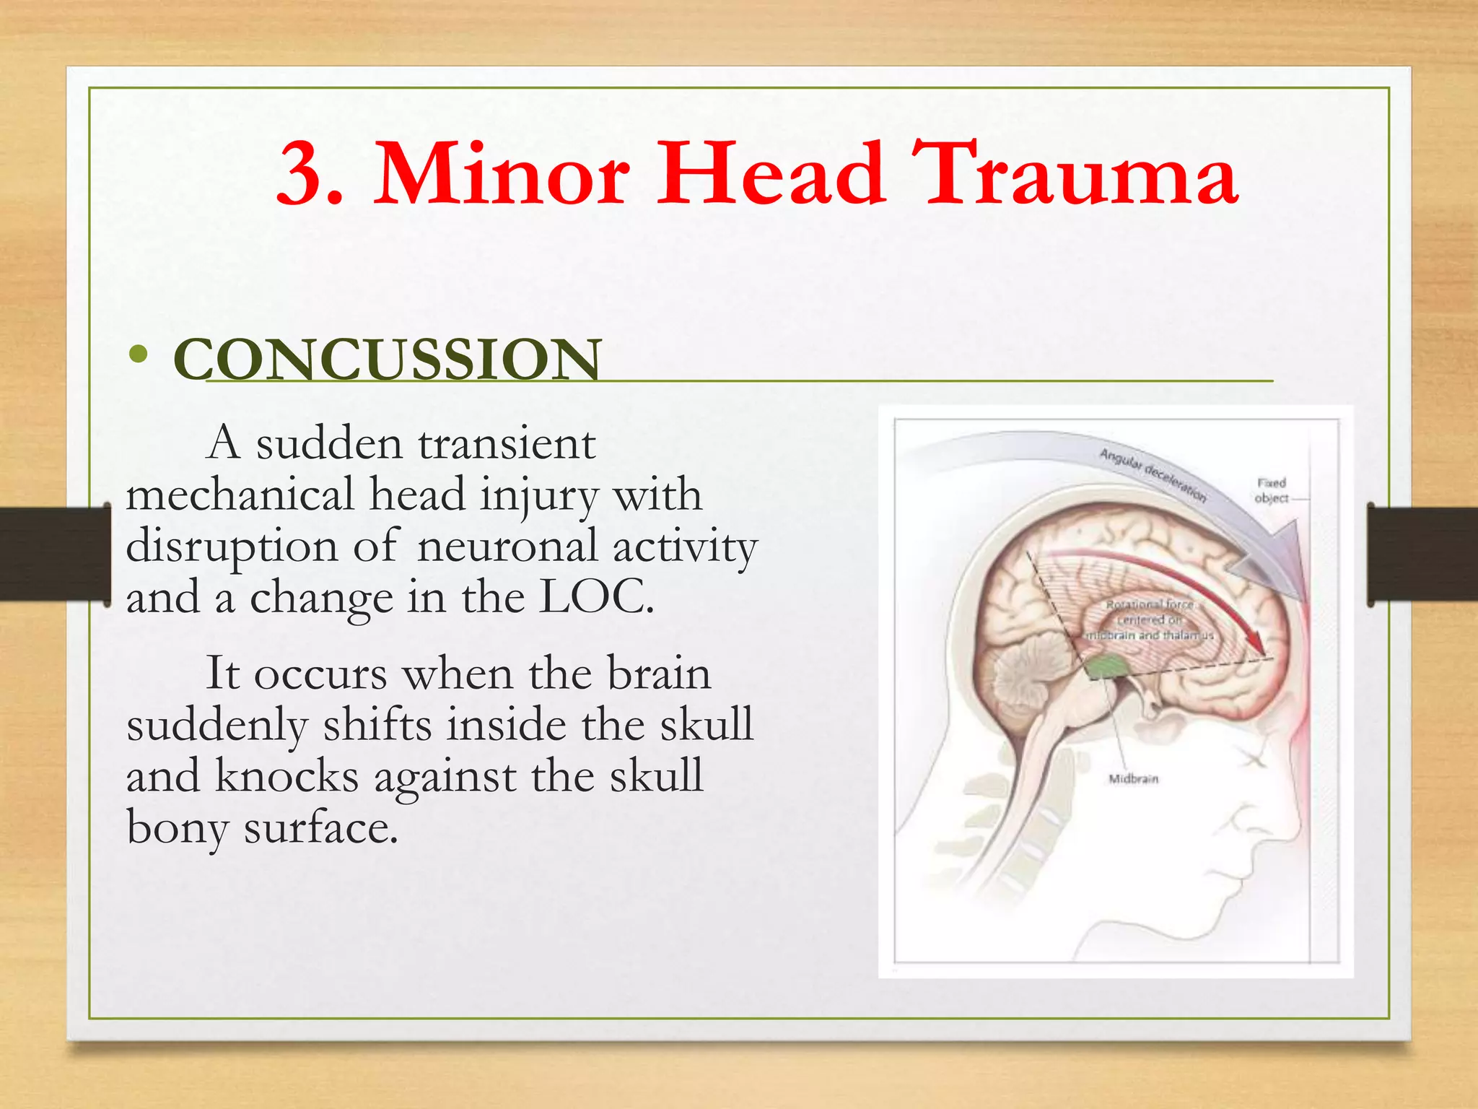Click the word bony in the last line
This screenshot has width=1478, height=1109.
[x=177, y=827]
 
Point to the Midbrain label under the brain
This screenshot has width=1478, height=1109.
[x=1133, y=779]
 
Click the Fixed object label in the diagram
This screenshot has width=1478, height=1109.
[x=1272, y=490]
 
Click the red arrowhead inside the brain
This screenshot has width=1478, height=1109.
[x=1256, y=642]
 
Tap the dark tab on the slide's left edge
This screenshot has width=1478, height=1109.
[x=54, y=554]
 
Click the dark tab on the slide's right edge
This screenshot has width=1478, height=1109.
[x=1422, y=554]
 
